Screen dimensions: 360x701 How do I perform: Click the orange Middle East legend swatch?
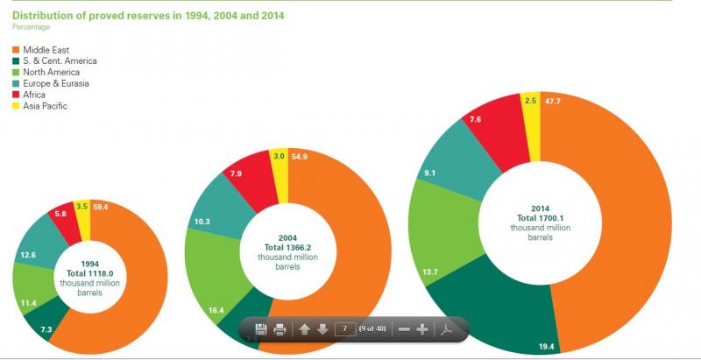tap(16, 50)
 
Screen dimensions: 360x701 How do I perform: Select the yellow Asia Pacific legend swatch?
tap(16, 106)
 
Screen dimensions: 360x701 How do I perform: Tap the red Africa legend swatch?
tap(16, 95)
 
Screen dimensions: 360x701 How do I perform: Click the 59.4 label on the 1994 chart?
tap(100, 208)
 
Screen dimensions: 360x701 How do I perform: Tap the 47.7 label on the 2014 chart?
tap(553, 101)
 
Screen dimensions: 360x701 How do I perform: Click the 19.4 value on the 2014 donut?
tap(544, 348)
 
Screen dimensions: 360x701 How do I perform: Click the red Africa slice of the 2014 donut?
tap(491, 119)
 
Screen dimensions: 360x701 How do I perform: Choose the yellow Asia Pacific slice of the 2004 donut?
tap(279, 166)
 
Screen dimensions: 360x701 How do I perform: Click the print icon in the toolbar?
tap(280, 329)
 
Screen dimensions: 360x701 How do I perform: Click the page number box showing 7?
tap(345, 329)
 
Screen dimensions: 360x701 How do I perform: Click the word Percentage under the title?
tap(31, 27)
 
